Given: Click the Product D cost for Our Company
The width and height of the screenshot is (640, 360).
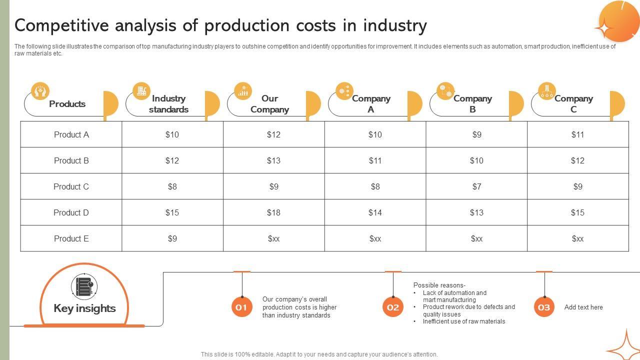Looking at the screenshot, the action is click(x=273, y=212).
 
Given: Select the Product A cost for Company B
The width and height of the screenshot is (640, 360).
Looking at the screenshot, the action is click(x=476, y=134).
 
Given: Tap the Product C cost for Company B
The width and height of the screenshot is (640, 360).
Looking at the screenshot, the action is click(x=476, y=186).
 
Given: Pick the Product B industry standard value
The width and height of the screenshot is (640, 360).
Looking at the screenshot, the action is click(x=172, y=160).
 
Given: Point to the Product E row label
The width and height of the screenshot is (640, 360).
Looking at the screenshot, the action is click(x=71, y=238).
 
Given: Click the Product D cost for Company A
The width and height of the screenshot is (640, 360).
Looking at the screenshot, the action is click(x=375, y=212).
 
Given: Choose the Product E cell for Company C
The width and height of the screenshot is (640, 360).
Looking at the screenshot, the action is click(x=577, y=238).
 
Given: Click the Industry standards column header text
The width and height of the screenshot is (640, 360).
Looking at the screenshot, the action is click(x=168, y=104).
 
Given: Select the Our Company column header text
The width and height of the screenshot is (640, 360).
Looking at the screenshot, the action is click(x=269, y=104).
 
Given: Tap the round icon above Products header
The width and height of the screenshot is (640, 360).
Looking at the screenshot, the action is click(x=40, y=91).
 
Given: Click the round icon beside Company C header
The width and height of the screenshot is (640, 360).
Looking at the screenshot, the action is click(x=547, y=91).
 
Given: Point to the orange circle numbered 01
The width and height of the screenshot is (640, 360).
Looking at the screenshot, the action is click(x=241, y=307).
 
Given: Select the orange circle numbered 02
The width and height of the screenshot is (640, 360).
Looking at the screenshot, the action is click(x=393, y=307).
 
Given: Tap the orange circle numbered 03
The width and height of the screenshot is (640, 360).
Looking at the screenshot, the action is click(x=544, y=307).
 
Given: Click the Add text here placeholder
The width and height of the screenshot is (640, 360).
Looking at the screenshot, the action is click(x=583, y=307).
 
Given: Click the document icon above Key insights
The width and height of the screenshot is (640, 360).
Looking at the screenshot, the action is click(x=84, y=286).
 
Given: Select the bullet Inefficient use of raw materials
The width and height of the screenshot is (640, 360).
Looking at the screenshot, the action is click(x=464, y=321).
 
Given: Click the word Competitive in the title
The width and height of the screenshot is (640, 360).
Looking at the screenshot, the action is click(x=61, y=25).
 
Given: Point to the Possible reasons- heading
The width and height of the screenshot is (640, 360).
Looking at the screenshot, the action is click(x=439, y=285).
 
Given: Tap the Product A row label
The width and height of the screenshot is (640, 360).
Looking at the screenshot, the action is click(x=71, y=134).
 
